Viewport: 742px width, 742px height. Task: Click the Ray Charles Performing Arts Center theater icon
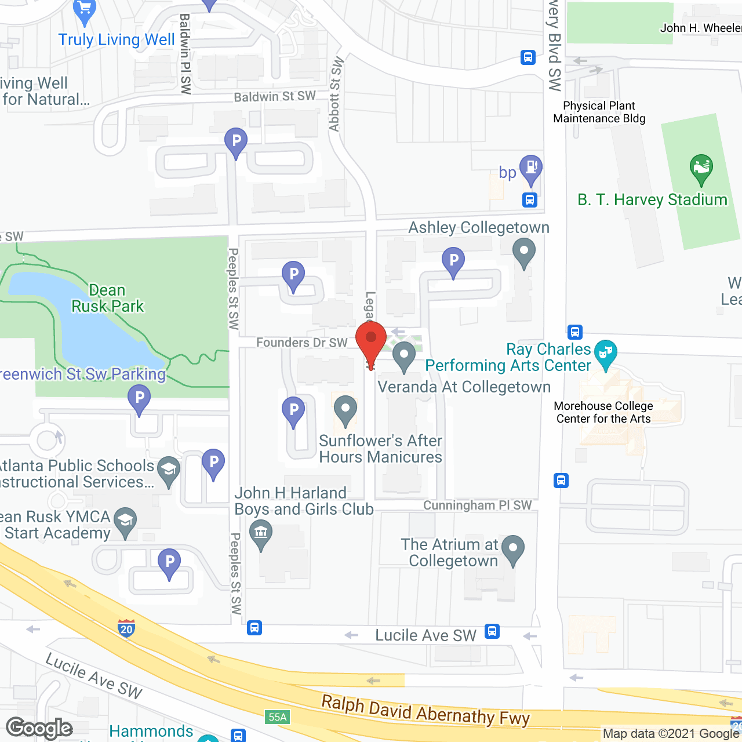606,352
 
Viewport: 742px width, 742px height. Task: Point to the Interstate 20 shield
126,628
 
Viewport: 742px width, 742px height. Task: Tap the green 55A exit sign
277,717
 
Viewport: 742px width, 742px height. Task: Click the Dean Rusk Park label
107,298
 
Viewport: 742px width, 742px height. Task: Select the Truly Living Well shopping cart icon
85,10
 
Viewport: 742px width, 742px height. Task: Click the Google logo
39,728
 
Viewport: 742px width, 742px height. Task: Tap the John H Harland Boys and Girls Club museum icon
261,532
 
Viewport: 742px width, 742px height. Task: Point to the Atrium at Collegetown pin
512,548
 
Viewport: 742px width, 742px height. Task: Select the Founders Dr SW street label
301,343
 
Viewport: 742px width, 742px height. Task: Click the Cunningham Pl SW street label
477,505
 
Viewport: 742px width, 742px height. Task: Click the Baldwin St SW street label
275,96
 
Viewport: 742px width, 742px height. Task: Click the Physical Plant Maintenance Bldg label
599,112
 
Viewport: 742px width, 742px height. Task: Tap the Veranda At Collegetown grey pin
404,355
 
